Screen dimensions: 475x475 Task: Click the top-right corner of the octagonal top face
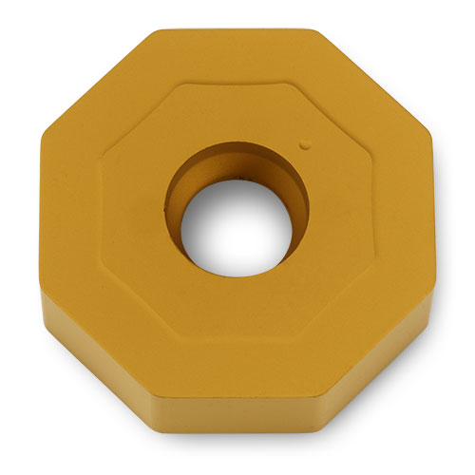(x=321, y=31)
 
